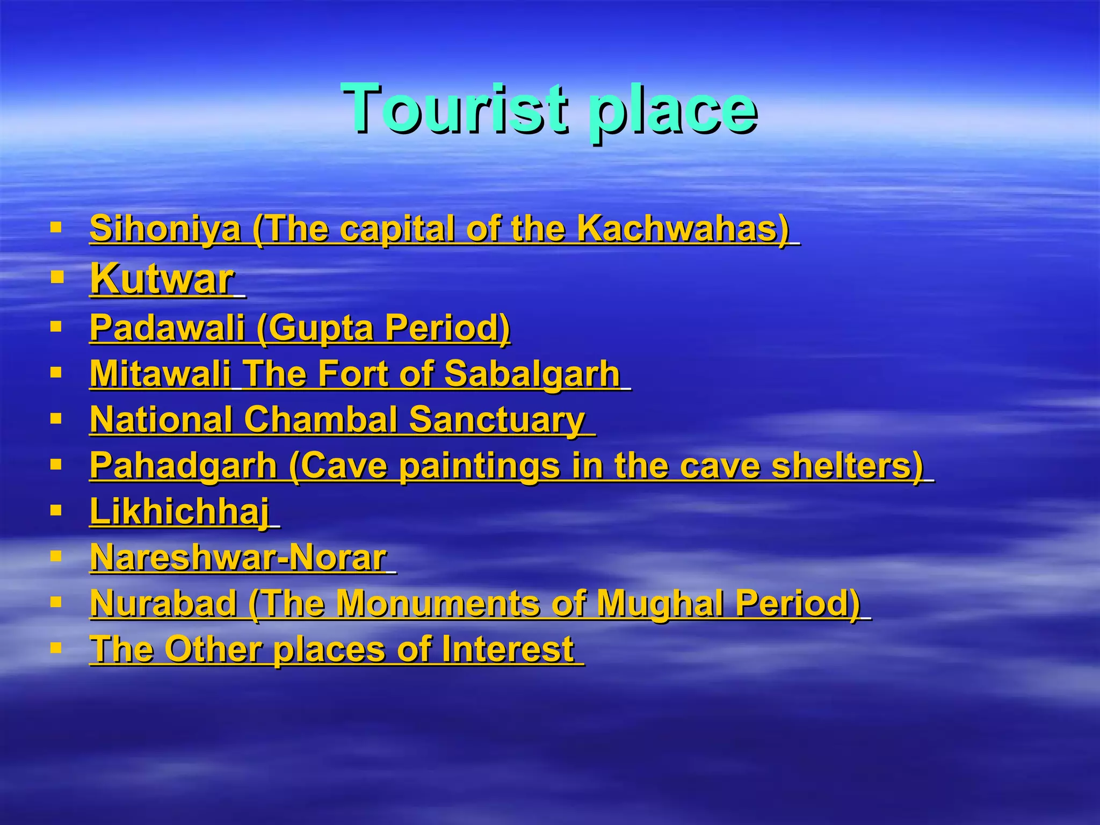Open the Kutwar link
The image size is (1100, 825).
[x=162, y=279]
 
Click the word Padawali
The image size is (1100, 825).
[x=167, y=327]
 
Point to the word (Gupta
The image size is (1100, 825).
[x=315, y=328]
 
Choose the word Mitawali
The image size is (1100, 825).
[x=160, y=373]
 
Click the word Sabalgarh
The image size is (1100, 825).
[x=532, y=373]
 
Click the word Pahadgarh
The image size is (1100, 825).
[x=183, y=465]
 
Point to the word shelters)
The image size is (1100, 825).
[x=847, y=465]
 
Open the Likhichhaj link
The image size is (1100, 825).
[x=179, y=511]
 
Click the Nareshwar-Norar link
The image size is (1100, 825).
[x=238, y=558]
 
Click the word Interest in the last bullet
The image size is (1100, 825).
[x=508, y=649]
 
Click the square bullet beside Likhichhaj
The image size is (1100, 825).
[x=56, y=510]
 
